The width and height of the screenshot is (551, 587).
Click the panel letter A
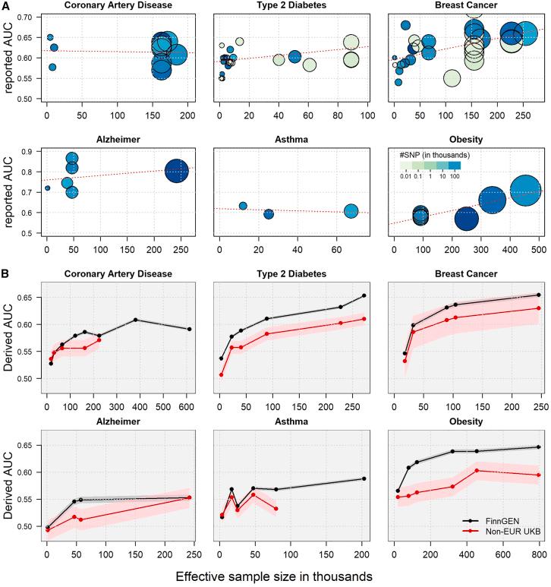[5, 6]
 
